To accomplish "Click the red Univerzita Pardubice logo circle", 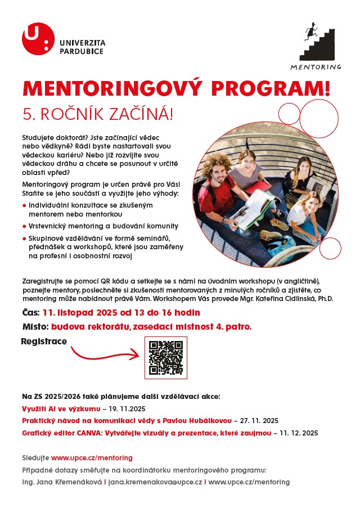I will click(38, 39).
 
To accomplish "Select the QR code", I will click(166, 358).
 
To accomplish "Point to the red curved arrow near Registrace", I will click(105, 354).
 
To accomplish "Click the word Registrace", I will click(44, 342).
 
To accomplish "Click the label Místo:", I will click(35, 326).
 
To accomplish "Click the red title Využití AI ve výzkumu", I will click(61, 408).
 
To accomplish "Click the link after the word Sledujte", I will click(92, 458).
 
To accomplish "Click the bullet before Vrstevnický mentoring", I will click(24, 226).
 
